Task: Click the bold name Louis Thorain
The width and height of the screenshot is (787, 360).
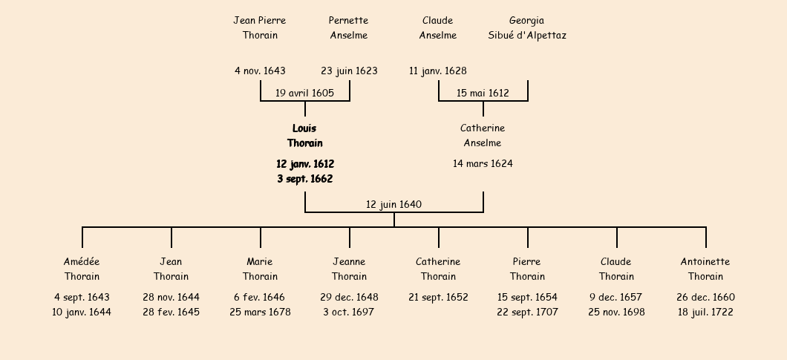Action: point(304,136)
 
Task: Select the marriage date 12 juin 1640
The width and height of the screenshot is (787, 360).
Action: point(393,204)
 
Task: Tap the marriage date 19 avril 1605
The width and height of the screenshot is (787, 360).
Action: point(304,93)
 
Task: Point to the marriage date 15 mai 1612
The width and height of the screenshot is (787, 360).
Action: point(483,93)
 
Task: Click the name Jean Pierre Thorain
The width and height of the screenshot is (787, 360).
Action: point(260,27)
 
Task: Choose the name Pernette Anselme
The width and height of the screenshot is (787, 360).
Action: point(349,27)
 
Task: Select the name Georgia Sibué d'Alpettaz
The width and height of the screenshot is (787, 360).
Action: point(527,27)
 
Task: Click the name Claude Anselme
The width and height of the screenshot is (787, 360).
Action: point(438,27)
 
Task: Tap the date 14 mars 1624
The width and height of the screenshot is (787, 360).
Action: point(483,163)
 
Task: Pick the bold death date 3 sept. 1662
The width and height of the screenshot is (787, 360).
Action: point(304,179)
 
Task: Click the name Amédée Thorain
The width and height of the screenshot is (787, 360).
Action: point(82,269)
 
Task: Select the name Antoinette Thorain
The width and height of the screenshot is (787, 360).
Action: point(705,269)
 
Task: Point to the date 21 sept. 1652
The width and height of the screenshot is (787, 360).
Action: point(438,297)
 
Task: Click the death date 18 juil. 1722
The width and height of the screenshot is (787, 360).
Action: point(705,312)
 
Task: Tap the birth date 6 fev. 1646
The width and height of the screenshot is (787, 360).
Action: point(260,297)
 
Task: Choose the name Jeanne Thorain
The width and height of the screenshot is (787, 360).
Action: point(350,269)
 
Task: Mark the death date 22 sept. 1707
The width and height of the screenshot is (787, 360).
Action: point(527,312)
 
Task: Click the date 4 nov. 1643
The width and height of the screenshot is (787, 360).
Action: point(260,71)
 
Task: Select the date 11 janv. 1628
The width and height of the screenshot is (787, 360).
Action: point(438,71)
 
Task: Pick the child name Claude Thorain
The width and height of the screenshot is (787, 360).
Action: point(616,269)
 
